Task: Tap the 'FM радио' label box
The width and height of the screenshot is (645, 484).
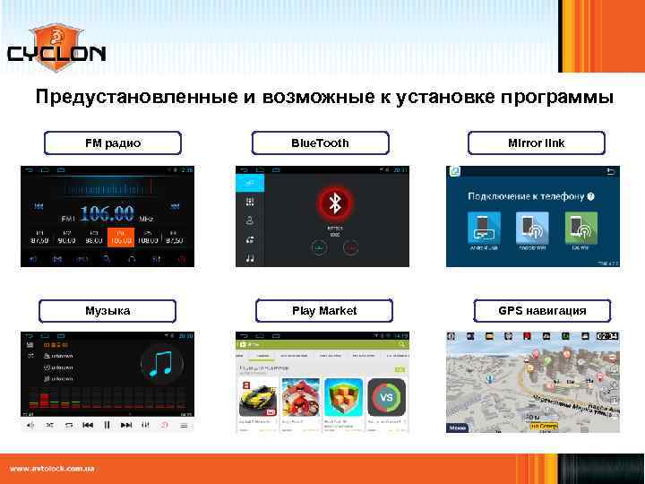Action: click(x=113, y=143)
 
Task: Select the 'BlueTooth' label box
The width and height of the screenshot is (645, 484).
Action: click(x=321, y=143)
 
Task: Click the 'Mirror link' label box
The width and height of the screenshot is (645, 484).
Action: click(x=536, y=143)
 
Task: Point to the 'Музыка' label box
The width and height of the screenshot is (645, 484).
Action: click(x=107, y=311)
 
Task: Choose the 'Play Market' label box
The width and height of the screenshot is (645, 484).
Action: click(x=324, y=311)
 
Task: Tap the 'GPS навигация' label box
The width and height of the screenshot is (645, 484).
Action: click(x=542, y=311)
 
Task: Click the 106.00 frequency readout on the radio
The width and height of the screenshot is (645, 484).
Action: click(x=107, y=214)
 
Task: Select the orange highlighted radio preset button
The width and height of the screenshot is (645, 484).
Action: click(x=120, y=237)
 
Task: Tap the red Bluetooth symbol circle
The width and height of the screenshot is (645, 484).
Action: click(x=336, y=203)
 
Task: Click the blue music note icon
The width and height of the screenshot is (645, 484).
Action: click(x=162, y=364)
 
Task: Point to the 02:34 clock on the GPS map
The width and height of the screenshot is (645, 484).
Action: click(x=606, y=336)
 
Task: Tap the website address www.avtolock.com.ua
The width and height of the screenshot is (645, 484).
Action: click(x=53, y=469)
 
